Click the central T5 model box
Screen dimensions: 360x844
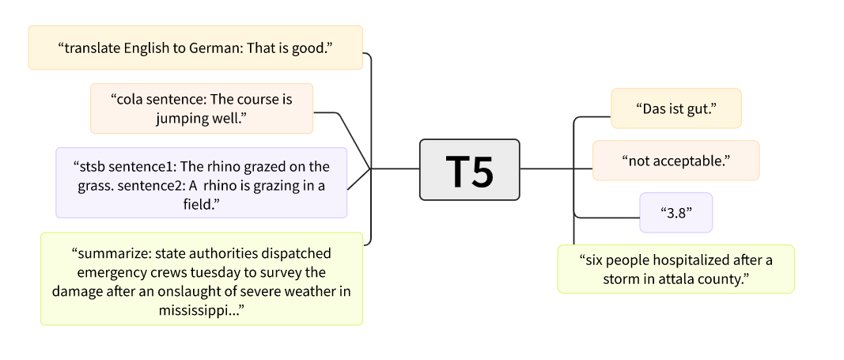[469, 169]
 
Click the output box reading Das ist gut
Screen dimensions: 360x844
[676, 108]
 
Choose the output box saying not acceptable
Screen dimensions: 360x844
[676, 161]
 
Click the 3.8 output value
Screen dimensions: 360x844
[676, 213]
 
